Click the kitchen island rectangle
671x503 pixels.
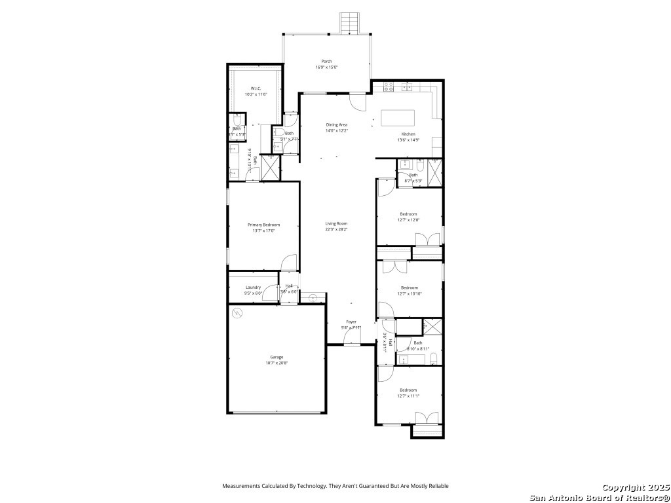pos(398,118)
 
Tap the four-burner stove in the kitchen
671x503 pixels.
pos(389,86)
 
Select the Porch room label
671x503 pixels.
pos(326,62)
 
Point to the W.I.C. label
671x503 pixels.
pos(256,88)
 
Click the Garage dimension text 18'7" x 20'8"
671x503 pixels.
pos(276,363)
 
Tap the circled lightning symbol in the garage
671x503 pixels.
pos(237,314)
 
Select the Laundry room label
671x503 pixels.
pos(253,288)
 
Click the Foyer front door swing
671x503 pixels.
pos(351,337)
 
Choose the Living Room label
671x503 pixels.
pos(336,224)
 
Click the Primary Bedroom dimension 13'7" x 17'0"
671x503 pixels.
pos(263,231)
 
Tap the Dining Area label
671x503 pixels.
pos(337,124)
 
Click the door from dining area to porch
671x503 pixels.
pos(358,102)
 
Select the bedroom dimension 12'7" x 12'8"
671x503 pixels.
pos(409,220)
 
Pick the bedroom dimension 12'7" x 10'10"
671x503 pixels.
pos(409,293)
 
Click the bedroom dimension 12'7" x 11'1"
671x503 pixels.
pos(409,396)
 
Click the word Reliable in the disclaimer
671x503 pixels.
pos(438,486)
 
